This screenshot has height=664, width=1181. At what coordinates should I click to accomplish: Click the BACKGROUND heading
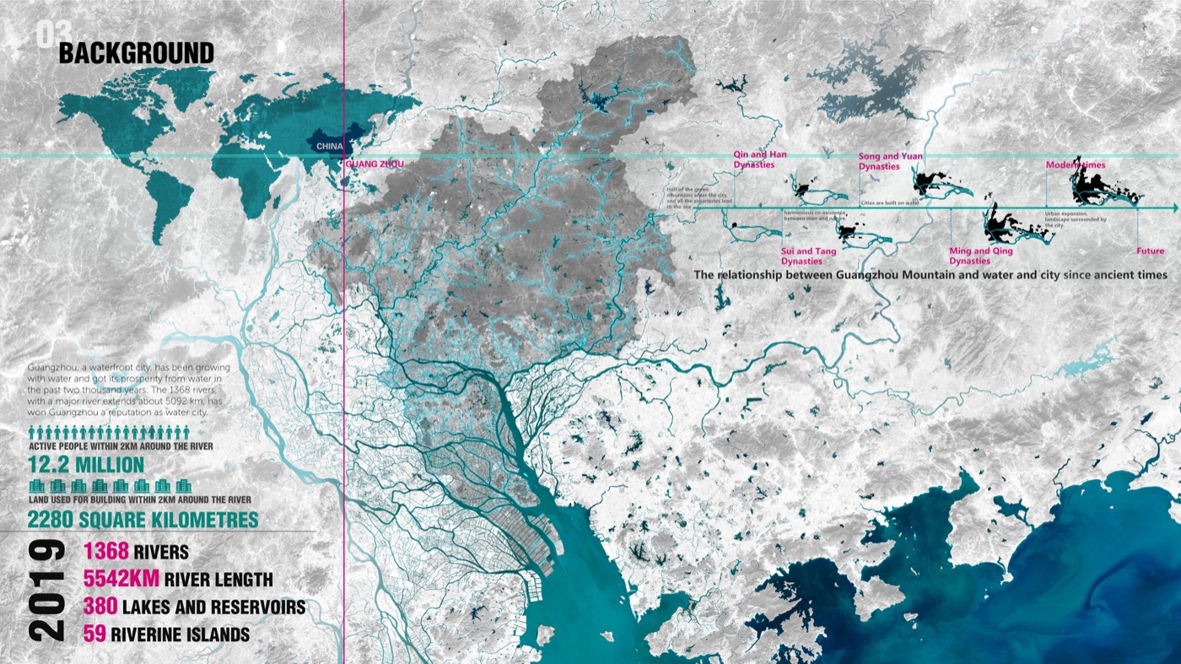point(136,54)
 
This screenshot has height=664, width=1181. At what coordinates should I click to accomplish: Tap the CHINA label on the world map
point(329,146)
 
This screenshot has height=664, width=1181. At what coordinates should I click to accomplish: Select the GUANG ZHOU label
point(375,165)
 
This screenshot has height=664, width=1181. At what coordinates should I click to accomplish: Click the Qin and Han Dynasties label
point(753,160)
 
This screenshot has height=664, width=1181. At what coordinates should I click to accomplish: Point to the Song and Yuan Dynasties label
point(890,161)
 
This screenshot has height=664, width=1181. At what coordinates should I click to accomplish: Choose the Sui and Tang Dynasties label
point(808,256)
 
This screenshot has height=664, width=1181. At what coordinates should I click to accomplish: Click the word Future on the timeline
point(1150,251)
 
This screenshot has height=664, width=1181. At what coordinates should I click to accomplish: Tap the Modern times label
point(1076,165)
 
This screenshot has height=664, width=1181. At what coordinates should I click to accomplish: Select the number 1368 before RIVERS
point(105,553)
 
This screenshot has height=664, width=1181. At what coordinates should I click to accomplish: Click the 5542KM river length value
point(121,580)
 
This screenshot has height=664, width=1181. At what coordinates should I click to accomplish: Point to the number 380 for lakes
point(100,607)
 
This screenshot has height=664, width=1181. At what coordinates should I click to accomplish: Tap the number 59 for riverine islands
point(94,634)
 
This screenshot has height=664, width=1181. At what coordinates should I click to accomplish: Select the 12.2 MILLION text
point(86,465)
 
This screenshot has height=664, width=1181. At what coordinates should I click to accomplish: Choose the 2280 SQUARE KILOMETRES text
point(143,518)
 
